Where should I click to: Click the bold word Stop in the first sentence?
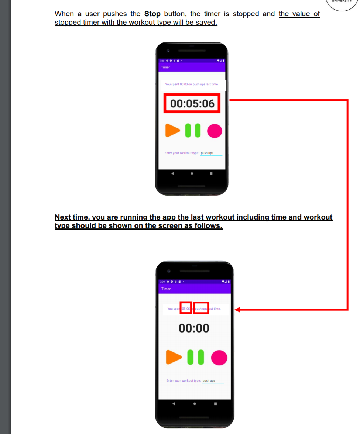click(152, 14)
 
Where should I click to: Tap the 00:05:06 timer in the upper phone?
click(192, 104)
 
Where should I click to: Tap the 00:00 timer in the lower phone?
click(194, 328)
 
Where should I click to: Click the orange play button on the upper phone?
click(172, 130)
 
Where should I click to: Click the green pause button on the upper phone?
click(193, 130)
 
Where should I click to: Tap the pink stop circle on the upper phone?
click(215, 131)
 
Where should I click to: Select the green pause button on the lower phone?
click(195, 357)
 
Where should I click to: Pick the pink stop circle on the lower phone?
click(219, 358)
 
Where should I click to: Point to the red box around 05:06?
click(186, 308)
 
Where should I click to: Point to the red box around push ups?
click(201, 308)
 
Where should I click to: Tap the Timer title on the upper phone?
click(165, 67)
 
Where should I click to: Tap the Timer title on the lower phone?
click(166, 289)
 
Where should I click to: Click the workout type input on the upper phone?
click(211, 153)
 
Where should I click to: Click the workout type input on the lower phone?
click(213, 381)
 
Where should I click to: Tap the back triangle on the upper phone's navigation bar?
click(172, 173)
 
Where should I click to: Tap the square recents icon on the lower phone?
click(215, 403)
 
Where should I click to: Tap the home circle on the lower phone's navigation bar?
click(194, 403)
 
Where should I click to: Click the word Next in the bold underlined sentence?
click(63, 217)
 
